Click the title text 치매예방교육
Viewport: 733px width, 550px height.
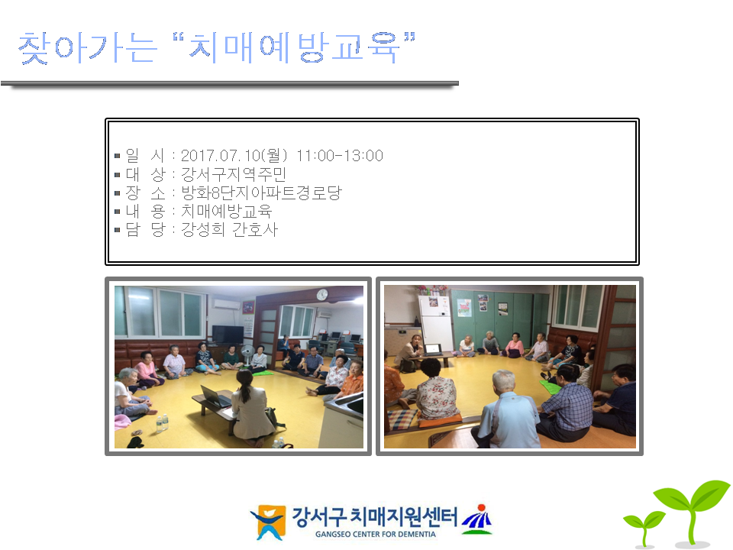pos(294,47)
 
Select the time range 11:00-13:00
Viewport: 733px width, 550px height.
pos(340,155)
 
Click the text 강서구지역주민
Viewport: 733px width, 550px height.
pos(234,174)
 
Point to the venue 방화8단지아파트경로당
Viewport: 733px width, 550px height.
pos(261,192)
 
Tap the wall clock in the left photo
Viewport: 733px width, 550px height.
pos(322,295)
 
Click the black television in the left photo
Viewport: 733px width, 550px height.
pos(228,335)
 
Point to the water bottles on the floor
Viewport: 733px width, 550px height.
pos(162,422)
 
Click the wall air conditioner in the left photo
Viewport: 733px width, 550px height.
pos(226,304)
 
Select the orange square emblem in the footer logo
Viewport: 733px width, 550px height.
pos(270,522)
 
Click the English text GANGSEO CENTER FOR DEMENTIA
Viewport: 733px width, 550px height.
pos(376,534)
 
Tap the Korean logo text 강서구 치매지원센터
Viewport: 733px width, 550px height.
pos(374,517)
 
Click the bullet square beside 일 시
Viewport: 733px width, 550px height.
pos(118,156)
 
